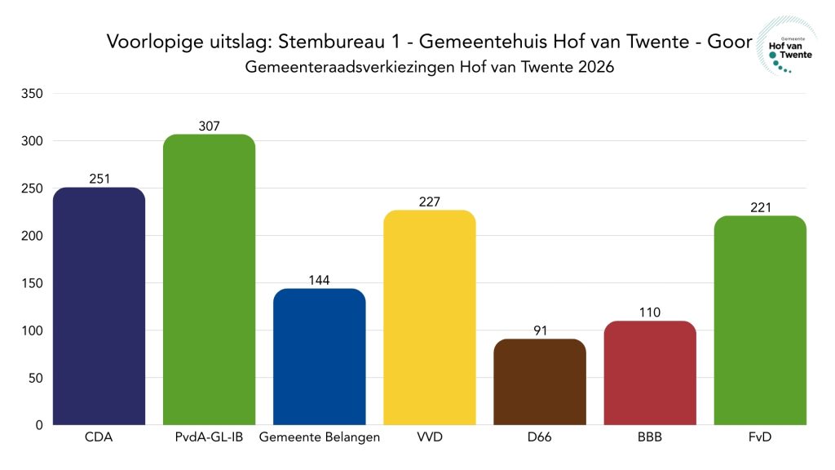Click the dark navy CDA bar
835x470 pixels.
point(99,306)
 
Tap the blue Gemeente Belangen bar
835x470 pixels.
point(319,357)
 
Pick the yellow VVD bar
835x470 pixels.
point(429,317)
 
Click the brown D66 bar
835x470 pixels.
point(539,382)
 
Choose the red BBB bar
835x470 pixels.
point(650,373)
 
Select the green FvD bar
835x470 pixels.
point(760,320)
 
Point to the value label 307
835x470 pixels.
point(210,126)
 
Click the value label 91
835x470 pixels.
point(539,330)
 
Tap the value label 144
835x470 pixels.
point(320,280)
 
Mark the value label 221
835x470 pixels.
point(760,207)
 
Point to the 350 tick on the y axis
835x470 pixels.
point(32,94)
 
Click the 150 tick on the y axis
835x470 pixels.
point(32,283)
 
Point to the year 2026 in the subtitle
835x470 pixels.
point(594,68)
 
